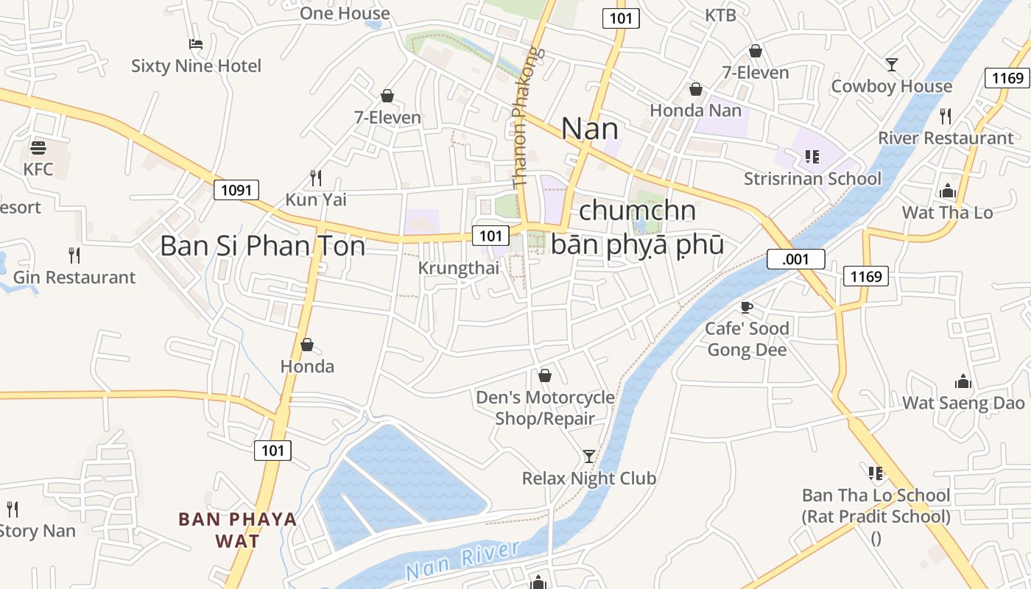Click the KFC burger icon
point(38,147)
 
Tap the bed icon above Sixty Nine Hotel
point(196,44)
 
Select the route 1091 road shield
point(236,190)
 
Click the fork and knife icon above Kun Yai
point(316,177)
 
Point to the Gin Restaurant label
point(74,278)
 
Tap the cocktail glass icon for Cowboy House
point(892,65)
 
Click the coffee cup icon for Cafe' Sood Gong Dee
point(747,306)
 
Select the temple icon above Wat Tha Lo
point(947,191)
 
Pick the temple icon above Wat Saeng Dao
point(963,381)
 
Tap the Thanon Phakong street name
point(529,118)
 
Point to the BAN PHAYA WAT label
point(237,530)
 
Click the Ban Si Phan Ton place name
point(262,246)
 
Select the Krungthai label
point(458,268)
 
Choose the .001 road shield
point(795,259)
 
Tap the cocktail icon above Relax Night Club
point(589,456)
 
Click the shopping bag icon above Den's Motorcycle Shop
point(545,375)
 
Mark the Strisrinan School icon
point(812,156)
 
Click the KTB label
point(720,15)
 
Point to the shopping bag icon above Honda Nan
point(696,89)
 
